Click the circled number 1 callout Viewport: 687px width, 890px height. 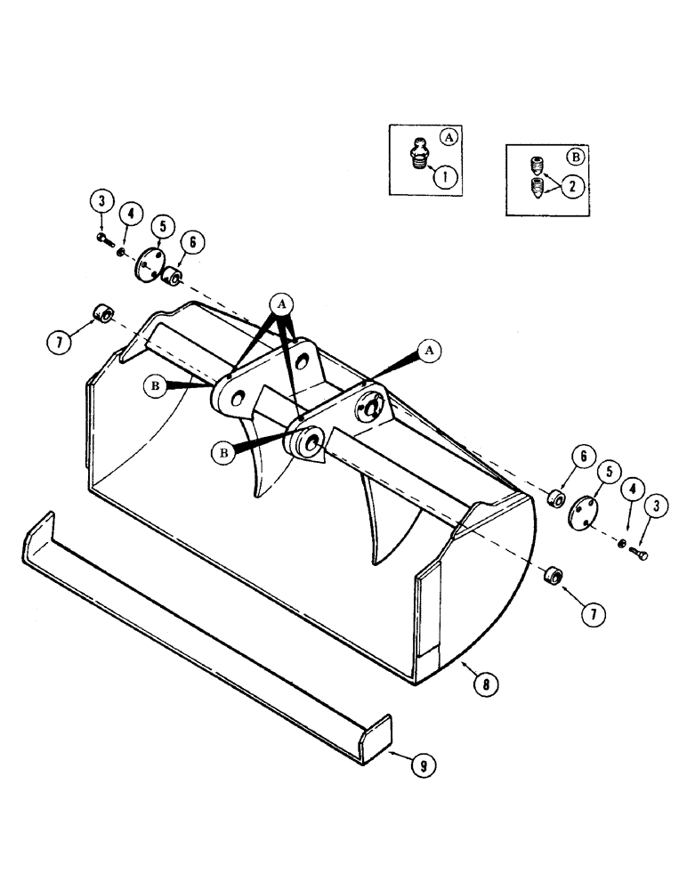point(446,175)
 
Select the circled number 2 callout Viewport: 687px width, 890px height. point(573,185)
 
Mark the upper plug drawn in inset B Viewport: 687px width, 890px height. point(536,166)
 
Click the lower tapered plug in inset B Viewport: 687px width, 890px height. point(537,190)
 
